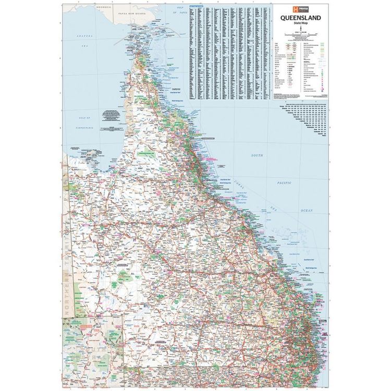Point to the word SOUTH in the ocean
(x=256, y=155)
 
